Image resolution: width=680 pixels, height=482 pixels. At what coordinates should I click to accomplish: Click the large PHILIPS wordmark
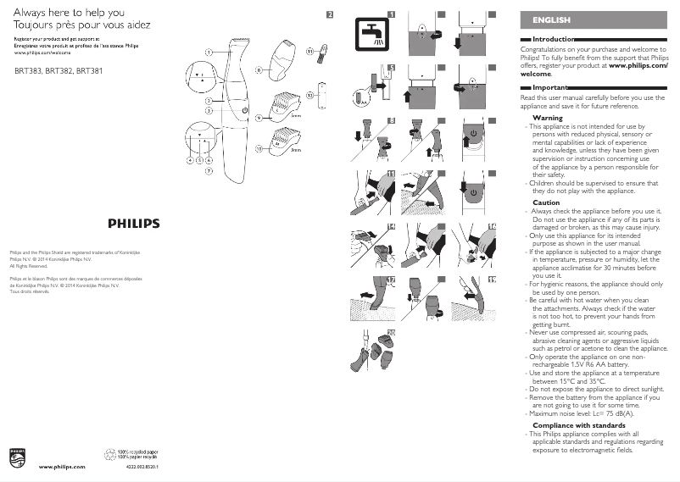[133, 223]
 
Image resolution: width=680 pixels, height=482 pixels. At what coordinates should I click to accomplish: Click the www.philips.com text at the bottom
[63, 467]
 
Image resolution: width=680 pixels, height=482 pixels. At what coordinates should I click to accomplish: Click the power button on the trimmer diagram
[244, 110]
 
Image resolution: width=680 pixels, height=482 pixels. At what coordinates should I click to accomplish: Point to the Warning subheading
[547, 118]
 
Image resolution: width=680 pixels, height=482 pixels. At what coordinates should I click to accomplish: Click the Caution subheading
[546, 202]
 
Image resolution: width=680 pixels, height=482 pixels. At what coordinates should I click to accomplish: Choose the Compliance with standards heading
[578, 424]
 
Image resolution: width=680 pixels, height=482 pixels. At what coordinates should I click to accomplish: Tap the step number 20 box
[391, 331]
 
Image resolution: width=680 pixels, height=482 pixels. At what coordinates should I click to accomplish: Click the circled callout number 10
[259, 148]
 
